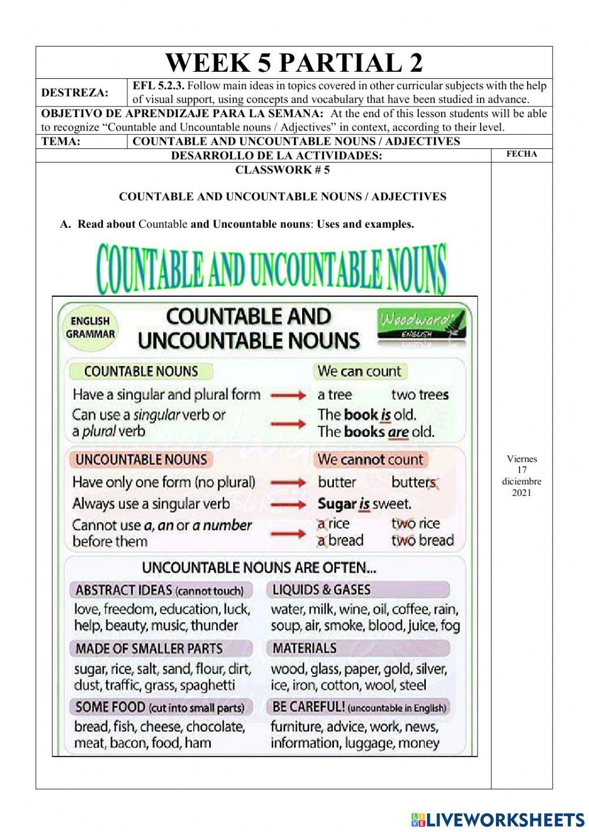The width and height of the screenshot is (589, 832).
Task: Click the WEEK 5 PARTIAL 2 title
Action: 294,63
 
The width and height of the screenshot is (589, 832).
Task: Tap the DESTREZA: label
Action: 75,93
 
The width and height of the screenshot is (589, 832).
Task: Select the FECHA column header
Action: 521,154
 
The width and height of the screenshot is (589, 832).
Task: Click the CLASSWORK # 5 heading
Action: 282,170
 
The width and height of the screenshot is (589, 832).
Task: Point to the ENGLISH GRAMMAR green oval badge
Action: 90,327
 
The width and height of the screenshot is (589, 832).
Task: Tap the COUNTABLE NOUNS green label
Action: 141,372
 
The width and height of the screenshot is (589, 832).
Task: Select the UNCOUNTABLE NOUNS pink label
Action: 141,459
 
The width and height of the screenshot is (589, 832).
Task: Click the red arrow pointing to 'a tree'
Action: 289,395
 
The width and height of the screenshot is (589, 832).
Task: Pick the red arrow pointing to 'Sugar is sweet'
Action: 289,504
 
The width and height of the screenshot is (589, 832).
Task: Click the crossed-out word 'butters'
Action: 414,482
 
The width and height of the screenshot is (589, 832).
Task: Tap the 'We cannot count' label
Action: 370,459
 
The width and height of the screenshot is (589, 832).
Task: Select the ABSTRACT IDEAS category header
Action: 159,590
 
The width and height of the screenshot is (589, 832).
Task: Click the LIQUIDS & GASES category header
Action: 322,589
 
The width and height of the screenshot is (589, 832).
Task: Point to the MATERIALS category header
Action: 305,648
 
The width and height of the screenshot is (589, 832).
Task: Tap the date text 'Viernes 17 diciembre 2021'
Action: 521,476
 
